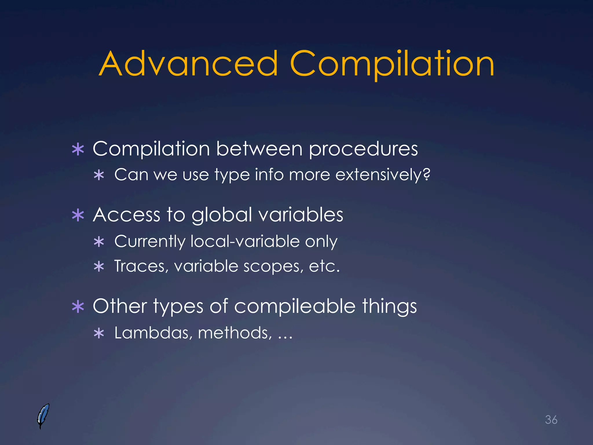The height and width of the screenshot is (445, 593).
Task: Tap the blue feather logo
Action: [x=43, y=416]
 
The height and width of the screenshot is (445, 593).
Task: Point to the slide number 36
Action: [x=551, y=420]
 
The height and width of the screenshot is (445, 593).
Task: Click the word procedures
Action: [x=363, y=149]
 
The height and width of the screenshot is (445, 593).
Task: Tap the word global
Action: [x=222, y=216]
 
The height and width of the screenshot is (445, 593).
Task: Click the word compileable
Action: [x=295, y=306]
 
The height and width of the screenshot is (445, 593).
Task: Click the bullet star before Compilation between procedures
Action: [x=78, y=149]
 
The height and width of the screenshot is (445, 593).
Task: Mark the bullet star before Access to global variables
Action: [x=78, y=216]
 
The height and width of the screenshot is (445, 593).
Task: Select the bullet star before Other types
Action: [x=78, y=307]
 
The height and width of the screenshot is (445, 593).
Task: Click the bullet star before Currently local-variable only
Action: [x=99, y=242]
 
